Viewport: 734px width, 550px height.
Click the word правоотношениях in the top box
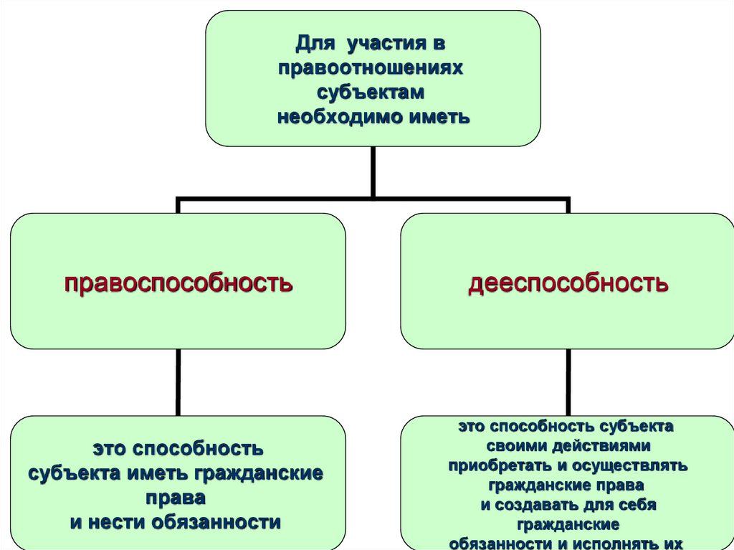pyautogui.click(x=372, y=68)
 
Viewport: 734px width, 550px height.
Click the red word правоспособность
pyautogui.click(x=178, y=282)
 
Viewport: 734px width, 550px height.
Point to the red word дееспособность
pyautogui.click(x=568, y=282)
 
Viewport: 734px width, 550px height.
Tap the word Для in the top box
pyautogui.click(x=313, y=44)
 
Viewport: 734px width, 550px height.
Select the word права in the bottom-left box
pyautogui.click(x=176, y=497)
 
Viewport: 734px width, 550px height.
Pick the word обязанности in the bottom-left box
pyautogui.click(x=216, y=521)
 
